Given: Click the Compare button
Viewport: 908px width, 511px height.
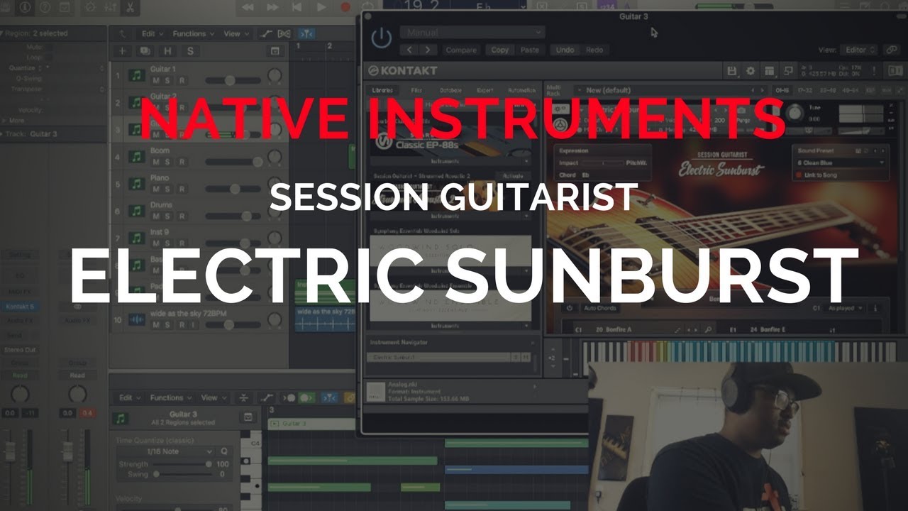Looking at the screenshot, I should [x=460, y=50].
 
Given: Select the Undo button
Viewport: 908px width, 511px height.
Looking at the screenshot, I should [x=565, y=50].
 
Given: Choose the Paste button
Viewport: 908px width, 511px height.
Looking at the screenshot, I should [x=529, y=50].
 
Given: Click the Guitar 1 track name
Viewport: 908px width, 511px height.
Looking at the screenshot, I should [x=163, y=70].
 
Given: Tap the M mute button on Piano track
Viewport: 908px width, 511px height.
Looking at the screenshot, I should [x=156, y=189].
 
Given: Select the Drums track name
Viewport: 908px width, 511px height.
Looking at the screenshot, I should [x=162, y=205].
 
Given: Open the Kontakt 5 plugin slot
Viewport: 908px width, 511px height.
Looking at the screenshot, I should [x=20, y=307].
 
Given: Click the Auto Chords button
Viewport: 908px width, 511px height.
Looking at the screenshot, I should [x=600, y=308].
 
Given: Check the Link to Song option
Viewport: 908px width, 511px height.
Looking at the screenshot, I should [x=820, y=175].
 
